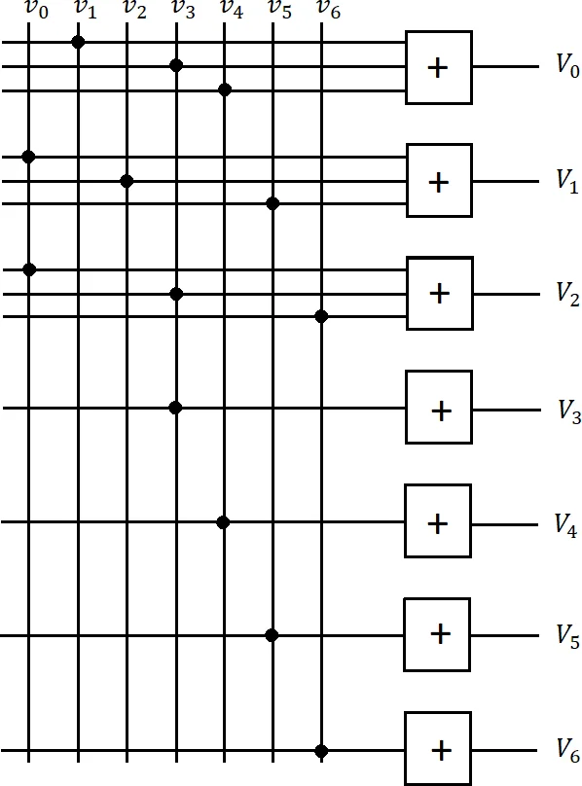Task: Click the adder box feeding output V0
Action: [x=439, y=67]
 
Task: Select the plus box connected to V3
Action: [x=439, y=410]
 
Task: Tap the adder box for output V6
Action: [x=439, y=750]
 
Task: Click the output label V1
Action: [x=568, y=180]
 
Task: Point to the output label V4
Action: [x=567, y=524]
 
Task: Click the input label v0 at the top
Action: [x=35, y=11]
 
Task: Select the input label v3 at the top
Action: [x=182, y=10]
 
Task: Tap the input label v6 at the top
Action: [x=329, y=10]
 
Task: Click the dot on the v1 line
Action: [x=78, y=42]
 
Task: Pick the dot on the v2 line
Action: [x=127, y=181]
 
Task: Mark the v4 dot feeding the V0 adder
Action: [x=224, y=89]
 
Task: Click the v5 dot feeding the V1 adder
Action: [x=273, y=203]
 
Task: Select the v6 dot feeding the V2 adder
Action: [x=321, y=316]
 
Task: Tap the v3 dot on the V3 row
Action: [x=175, y=408]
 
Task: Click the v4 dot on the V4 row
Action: [x=223, y=522]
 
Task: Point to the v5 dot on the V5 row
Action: [x=272, y=635]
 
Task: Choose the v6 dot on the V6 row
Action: [x=321, y=751]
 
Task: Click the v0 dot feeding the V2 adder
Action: [x=28, y=268]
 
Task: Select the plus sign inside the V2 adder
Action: [x=439, y=294]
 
